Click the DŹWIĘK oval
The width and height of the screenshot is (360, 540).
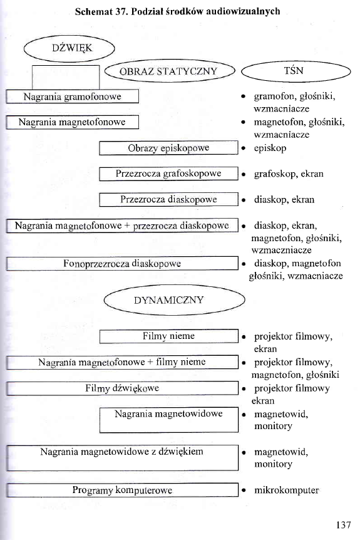[69, 48]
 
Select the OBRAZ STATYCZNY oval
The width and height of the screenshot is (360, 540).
[169, 71]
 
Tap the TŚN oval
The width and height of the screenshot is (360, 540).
[294, 71]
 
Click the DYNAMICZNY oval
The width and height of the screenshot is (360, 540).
[169, 300]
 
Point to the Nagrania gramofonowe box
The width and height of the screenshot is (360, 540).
[72, 97]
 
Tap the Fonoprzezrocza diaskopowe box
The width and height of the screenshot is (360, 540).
[122, 264]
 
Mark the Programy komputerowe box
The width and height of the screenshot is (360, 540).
[122, 491]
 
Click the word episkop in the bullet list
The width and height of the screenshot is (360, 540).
[270, 148]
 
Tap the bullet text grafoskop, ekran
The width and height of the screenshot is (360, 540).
[289, 174]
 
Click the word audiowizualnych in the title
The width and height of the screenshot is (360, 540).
[243, 12]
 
